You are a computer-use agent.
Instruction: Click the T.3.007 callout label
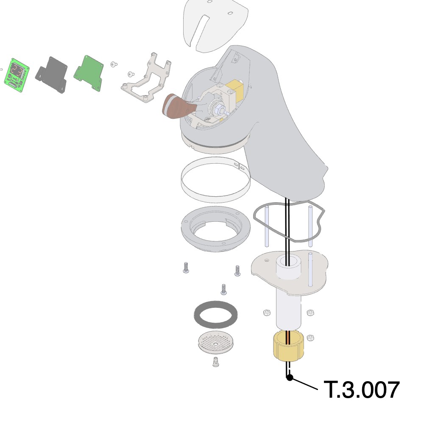362,389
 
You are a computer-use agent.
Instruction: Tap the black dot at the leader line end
290,377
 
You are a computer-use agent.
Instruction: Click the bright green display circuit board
17,75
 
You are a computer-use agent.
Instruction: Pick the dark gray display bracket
51,75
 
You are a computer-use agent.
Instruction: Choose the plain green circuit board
89,73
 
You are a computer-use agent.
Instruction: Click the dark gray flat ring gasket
216,315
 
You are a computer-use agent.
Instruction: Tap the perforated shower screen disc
215,343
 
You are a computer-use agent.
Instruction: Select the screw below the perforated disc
215,362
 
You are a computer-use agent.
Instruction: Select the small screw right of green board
114,64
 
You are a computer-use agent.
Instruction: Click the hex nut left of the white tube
267,313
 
